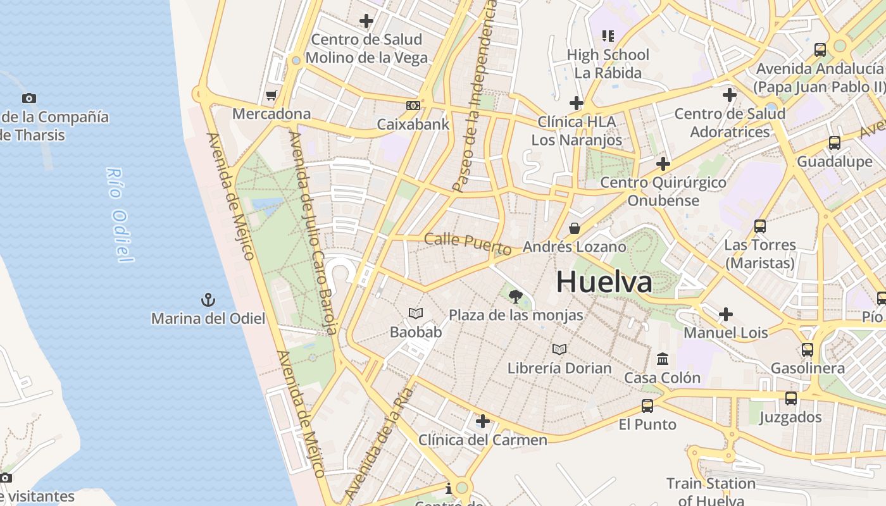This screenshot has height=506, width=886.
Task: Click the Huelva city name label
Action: coord(604,282)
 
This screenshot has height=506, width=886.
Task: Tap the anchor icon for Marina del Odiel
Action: coord(208,299)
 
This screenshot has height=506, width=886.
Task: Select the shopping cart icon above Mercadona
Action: coord(271,95)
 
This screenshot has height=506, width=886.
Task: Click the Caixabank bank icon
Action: coord(413,106)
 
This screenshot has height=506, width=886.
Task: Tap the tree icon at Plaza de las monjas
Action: coord(516,296)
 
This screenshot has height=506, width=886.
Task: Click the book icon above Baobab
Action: coord(415,313)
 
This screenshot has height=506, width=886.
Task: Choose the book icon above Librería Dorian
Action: coord(559,349)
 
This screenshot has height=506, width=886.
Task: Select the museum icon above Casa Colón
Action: coord(663,359)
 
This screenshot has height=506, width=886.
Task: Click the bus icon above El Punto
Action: coord(647,405)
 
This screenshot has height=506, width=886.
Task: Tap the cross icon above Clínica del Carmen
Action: coord(483,421)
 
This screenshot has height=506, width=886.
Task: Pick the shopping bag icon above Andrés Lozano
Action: coord(575,228)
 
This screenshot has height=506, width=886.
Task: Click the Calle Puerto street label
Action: coord(468,243)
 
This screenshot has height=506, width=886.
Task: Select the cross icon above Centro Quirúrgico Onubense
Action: coord(663,164)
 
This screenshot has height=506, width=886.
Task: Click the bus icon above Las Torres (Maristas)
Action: coord(759,226)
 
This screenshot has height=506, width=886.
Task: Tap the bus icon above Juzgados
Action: coord(790,398)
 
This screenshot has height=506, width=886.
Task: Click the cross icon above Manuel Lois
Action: coord(726,314)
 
